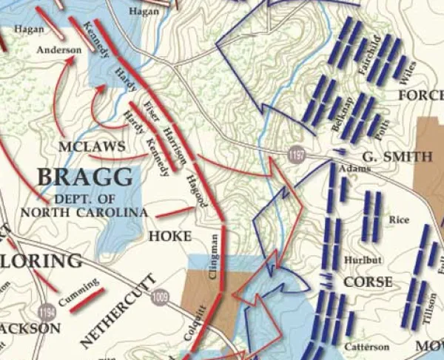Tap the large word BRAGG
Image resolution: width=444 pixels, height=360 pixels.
pyautogui.click(x=86, y=177)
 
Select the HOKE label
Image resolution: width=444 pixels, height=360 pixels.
pyautogui.click(x=170, y=237)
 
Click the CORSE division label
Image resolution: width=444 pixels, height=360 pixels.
pyautogui.click(x=368, y=282)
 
